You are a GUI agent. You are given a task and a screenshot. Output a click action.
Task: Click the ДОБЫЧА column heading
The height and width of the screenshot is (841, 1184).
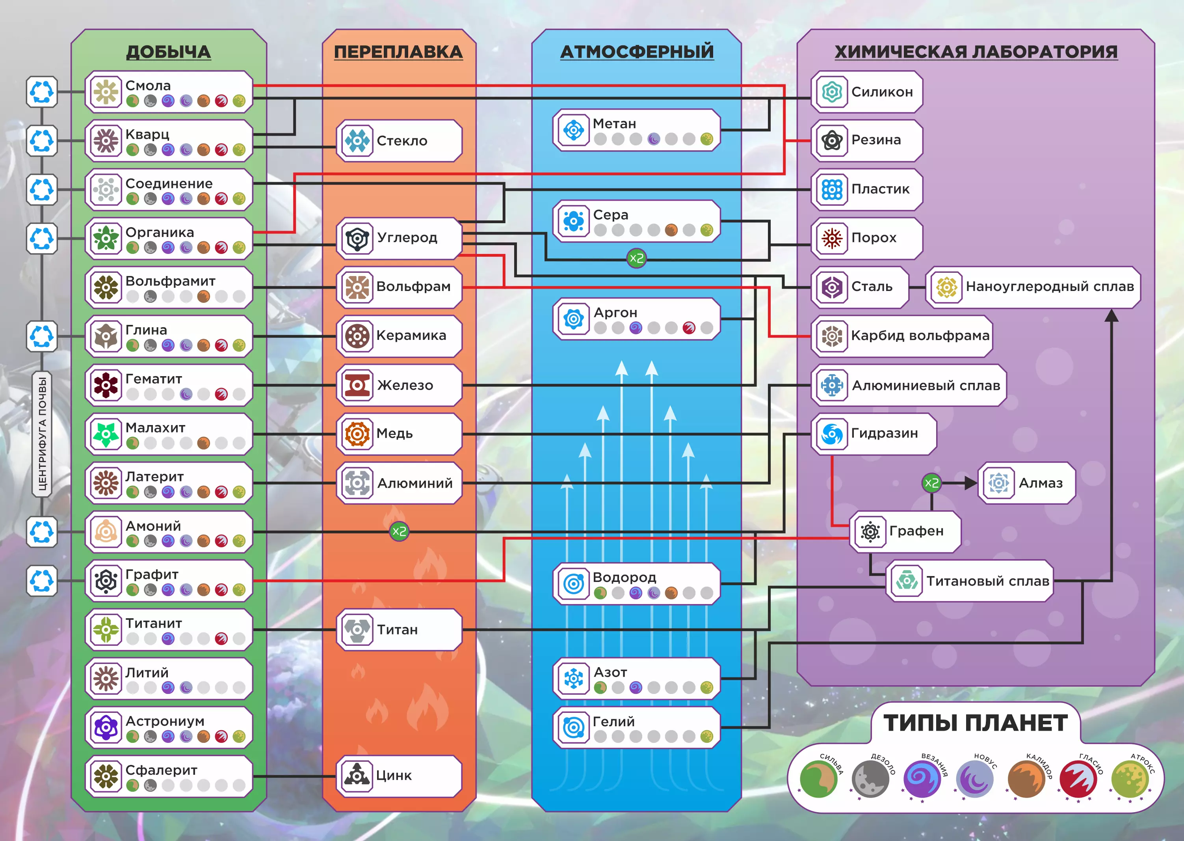(x=168, y=52)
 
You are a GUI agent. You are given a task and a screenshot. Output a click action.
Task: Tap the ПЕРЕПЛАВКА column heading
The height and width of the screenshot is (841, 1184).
(x=398, y=52)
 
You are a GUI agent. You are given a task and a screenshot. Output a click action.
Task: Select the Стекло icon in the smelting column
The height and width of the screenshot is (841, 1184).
(x=357, y=140)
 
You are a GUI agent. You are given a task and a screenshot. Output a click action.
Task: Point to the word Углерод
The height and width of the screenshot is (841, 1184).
(x=407, y=238)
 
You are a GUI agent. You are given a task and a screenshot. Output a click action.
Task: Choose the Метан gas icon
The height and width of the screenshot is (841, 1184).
(x=573, y=130)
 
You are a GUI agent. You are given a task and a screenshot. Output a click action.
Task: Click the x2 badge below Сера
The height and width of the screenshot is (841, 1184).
(x=636, y=258)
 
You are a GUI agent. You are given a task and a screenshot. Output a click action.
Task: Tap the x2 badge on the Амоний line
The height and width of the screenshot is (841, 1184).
(x=398, y=531)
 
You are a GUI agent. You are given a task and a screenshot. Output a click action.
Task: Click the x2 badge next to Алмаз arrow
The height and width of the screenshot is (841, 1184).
(x=931, y=483)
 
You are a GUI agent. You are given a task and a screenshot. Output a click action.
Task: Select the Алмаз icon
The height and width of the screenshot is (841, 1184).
(x=998, y=483)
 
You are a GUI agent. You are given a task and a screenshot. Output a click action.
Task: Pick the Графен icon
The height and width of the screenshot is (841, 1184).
(x=870, y=532)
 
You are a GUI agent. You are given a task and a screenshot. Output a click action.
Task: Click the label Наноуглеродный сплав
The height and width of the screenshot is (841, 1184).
(x=1050, y=286)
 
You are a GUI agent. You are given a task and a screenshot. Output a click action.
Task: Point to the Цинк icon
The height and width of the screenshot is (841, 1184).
(x=357, y=775)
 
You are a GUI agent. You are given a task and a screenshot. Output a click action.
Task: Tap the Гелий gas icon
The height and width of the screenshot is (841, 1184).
(x=573, y=727)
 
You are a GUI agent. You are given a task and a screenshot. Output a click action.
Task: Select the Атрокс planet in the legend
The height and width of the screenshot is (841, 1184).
(x=1130, y=779)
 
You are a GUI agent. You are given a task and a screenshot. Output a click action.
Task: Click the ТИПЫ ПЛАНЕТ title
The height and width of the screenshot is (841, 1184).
(x=976, y=723)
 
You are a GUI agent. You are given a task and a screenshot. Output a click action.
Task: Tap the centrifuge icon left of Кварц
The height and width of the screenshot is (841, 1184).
(x=42, y=140)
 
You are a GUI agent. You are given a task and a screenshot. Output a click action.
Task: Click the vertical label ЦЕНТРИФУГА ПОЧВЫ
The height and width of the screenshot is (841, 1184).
(x=42, y=434)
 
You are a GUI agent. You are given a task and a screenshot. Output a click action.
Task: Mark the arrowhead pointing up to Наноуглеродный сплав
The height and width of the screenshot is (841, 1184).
(x=1112, y=315)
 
